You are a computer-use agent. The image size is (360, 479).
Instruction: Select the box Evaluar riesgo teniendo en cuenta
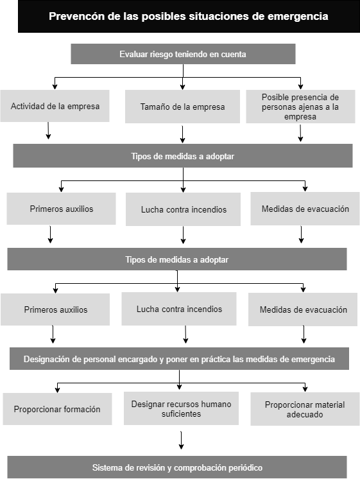pyautogui.click(x=183, y=54)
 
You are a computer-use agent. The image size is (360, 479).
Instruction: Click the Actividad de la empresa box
pyautogui.click(x=55, y=106)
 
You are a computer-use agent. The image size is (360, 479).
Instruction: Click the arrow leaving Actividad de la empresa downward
pyautogui.click(x=48, y=130)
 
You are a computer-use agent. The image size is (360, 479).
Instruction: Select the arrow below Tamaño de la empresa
pyautogui.click(x=182, y=134)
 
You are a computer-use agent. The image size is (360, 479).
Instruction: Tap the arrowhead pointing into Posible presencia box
pyautogui.click(x=300, y=87)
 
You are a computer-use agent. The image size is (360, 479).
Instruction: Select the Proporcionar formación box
pyautogui.click(x=57, y=409)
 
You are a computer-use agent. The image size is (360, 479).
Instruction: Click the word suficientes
pyautogui.click(x=181, y=414)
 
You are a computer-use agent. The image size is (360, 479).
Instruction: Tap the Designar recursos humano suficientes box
pyautogui.click(x=181, y=408)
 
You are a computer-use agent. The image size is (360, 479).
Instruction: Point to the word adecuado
pyautogui.click(x=304, y=415)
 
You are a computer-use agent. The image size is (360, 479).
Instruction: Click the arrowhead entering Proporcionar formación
pyautogui.click(x=57, y=390)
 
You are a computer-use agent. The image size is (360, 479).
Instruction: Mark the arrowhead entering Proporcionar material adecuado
pyautogui.click(x=305, y=388)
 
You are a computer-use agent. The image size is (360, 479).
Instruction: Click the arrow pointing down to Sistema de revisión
pyautogui.click(x=181, y=440)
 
